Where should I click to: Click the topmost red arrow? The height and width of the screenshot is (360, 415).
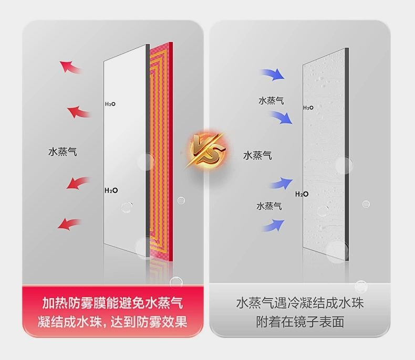pos(70,67)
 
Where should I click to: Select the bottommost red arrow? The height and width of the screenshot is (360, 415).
pos(70,224)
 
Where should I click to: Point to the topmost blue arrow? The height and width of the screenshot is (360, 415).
pos(272,74)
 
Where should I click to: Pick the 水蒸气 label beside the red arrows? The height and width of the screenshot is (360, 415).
pos(63,152)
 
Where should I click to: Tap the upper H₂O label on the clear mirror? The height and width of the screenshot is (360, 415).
pos(110,104)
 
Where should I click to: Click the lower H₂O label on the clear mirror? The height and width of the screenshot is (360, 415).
pos(110,190)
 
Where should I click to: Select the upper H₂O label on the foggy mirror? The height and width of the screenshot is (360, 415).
pos(308,108)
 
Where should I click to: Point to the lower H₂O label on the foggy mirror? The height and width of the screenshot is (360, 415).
pos(302,194)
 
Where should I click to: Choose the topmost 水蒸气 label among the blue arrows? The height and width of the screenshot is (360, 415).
pos(271,100)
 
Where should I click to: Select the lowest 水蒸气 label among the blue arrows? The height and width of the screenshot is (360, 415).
pos(269,206)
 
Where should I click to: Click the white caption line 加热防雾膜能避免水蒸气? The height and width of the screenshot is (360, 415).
pos(112,303)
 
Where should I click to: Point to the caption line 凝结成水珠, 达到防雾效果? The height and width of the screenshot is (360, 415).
pos(112,322)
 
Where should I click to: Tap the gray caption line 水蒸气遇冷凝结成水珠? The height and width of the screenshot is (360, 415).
pos(300,303)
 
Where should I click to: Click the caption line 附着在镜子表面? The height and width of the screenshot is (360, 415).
pos(300,322)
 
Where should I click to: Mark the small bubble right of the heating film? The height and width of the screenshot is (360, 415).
pos(181,200)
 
